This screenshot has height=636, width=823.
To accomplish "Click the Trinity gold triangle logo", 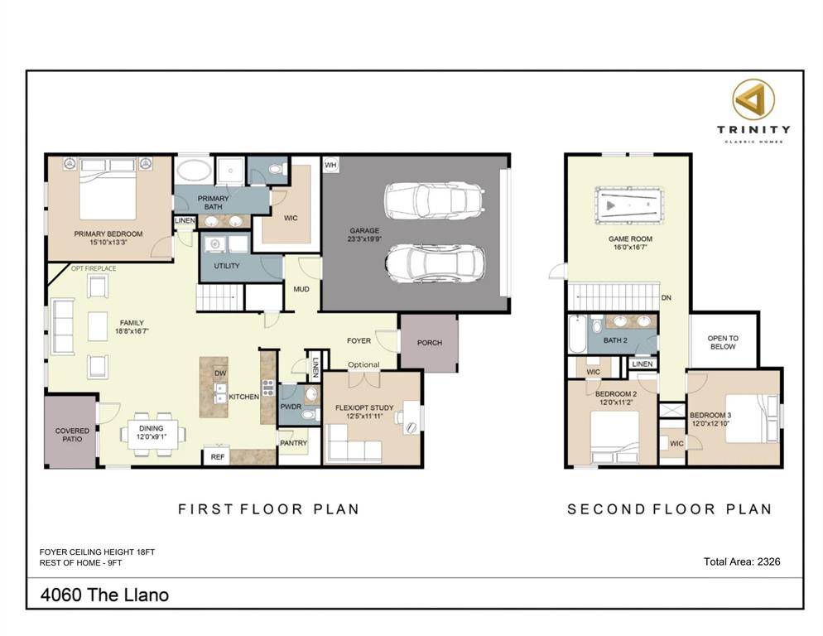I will coord(753,99).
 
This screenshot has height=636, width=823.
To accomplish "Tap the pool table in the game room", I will coord(628,205).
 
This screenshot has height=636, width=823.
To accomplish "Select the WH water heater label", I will coord(331,165).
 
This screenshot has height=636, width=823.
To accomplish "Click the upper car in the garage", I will coord(433,200).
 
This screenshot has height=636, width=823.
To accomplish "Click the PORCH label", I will coord(429,343).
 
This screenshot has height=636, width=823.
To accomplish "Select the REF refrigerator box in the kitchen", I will coord(218,456).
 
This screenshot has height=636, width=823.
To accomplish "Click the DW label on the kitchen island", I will coord(220,373).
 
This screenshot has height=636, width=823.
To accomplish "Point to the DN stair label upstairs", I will coord(666,298).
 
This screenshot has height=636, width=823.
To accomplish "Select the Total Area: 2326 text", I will coord(741,561).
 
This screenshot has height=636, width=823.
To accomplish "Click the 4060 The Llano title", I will coord(104,595).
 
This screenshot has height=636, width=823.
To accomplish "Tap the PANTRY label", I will coord(293,444).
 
